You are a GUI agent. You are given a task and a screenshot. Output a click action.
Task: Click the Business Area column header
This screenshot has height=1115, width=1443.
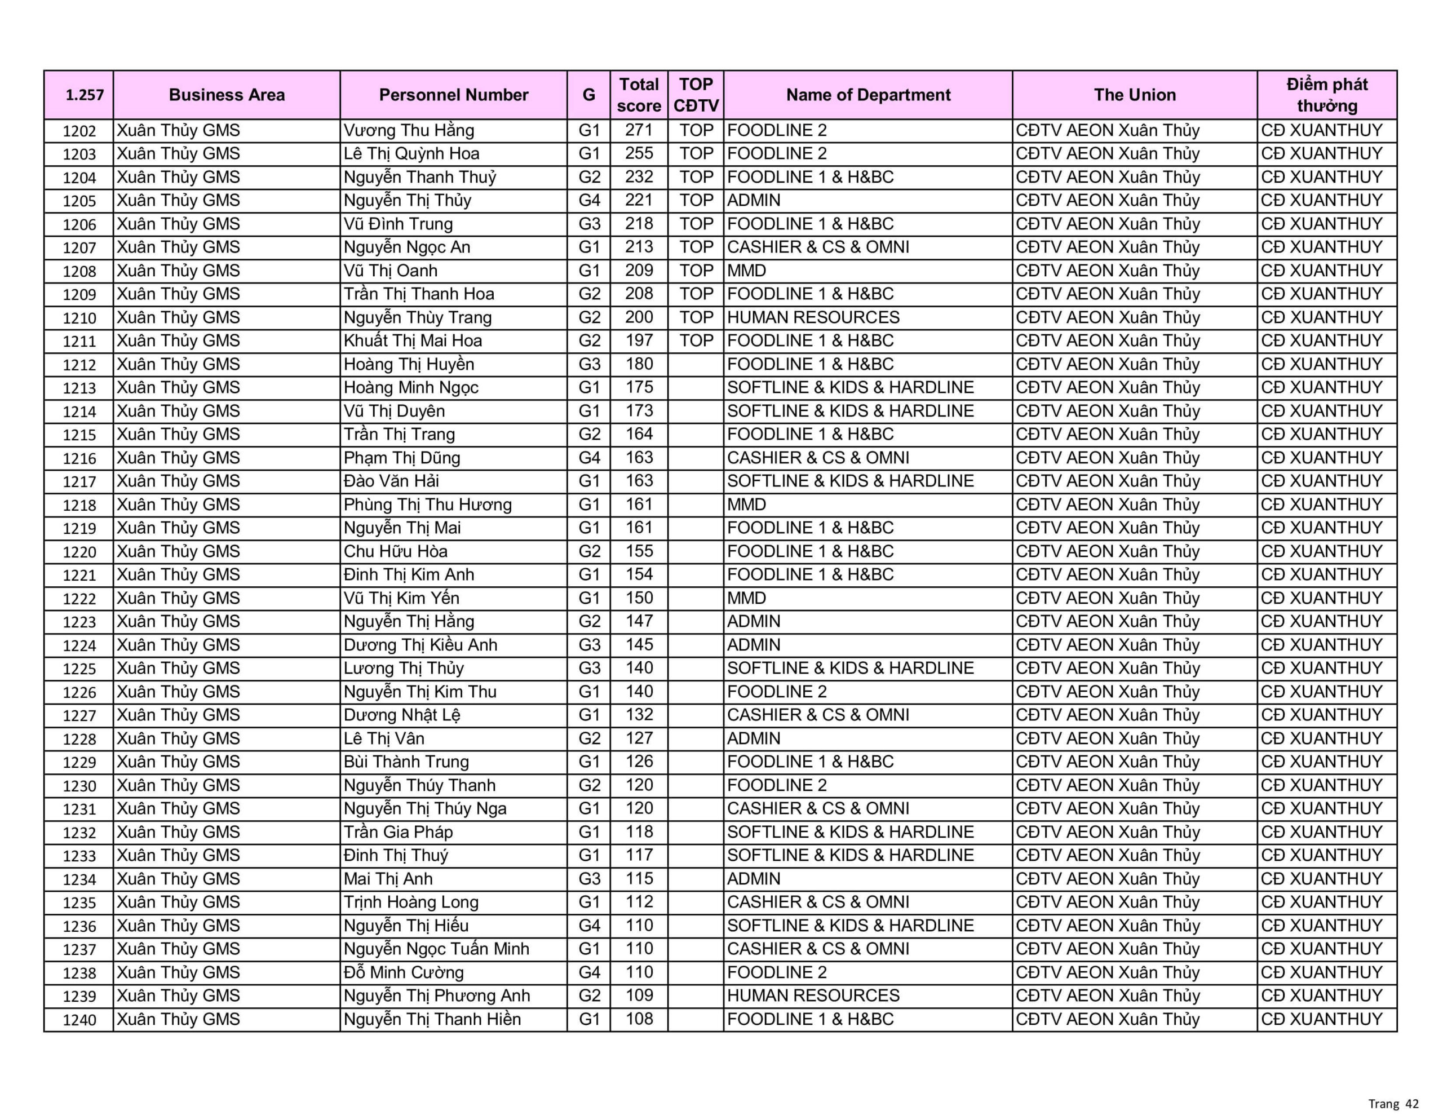(x=227, y=95)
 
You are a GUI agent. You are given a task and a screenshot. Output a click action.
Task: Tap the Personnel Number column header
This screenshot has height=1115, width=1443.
(x=453, y=95)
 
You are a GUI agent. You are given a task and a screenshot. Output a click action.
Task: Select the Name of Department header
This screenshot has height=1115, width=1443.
(x=867, y=95)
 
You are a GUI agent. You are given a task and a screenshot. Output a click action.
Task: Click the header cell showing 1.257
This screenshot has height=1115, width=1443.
(x=85, y=95)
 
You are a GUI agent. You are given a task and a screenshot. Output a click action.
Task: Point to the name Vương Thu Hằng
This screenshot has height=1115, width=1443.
(x=408, y=130)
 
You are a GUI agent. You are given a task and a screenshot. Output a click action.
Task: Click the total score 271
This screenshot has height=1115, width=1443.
(x=638, y=130)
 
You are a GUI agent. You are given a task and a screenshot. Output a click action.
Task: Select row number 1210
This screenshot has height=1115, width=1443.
(x=79, y=318)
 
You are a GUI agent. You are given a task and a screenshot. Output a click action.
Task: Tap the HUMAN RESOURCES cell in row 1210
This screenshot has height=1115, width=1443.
(x=813, y=317)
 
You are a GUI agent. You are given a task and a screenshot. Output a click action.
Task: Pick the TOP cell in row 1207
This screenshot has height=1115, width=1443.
(x=696, y=247)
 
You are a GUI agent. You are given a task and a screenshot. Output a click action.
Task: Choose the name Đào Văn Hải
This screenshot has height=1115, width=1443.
(x=391, y=481)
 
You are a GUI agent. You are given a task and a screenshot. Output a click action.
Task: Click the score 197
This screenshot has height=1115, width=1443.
(x=638, y=341)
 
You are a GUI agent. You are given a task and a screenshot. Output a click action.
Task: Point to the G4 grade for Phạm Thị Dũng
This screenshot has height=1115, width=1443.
(x=588, y=458)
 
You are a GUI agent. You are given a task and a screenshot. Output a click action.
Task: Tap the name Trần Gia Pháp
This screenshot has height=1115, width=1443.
(x=398, y=832)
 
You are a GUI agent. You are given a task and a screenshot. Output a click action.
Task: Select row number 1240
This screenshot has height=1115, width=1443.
(x=79, y=1020)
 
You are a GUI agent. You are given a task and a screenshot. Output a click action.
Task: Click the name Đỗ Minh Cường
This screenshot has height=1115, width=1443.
(x=403, y=972)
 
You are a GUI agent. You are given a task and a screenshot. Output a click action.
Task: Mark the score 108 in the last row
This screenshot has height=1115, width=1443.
(x=638, y=1019)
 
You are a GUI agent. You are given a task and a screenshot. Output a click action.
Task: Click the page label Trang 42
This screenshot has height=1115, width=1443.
(x=1393, y=1104)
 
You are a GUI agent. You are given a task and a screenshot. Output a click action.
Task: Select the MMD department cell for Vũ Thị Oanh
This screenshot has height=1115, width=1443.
(x=747, y=271)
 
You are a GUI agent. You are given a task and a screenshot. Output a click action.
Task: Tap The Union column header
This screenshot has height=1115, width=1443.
(x=1135, y=95)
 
